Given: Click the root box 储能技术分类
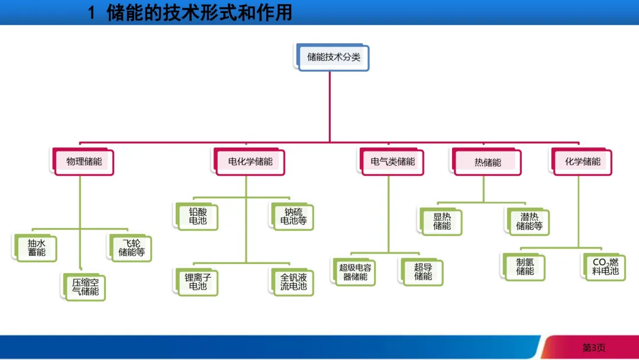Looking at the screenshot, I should point(333,57).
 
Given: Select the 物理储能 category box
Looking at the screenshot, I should point(83,162).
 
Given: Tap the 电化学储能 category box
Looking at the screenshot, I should point(250,162).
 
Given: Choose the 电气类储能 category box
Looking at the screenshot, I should point(392,162).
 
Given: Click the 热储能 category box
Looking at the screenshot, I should point(488,162).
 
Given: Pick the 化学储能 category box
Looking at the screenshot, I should point(582,162).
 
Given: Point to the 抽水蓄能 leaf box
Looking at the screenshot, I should point(36,248).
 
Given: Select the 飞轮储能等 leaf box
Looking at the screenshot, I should point(131,248).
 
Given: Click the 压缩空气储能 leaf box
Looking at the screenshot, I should point(85,287).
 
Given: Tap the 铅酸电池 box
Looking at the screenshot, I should point(198,217).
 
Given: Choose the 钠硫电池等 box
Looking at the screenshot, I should point(293,217).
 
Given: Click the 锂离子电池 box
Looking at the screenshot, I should point(198,282).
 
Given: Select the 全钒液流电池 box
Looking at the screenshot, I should point(293,282).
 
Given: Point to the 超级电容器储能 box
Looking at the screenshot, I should point(355,272).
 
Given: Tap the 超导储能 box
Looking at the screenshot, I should point(423,272).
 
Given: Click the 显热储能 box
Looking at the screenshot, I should point(441,221).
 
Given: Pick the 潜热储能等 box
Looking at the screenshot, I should point(529,221).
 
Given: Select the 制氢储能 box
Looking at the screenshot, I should point(524,266).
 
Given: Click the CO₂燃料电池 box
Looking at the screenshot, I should point(605,266).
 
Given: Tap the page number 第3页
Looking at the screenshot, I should point(593,348).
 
